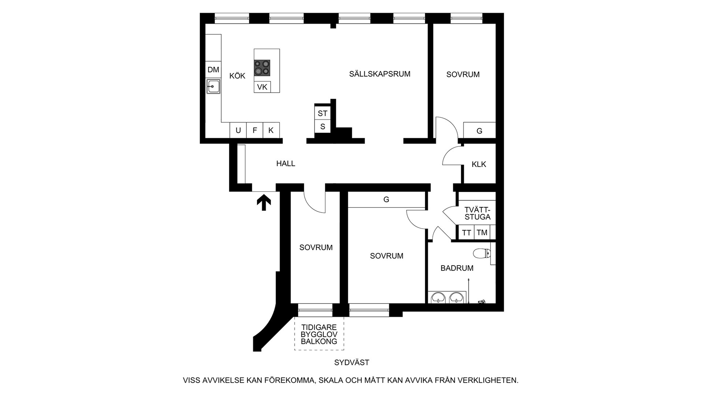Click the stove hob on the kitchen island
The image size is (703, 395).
click(x=262, y=68)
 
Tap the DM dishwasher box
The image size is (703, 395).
click(x=213, y=69)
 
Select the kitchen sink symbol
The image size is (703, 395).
click(x=213, y=86)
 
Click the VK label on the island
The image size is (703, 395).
click(x=262, y=87)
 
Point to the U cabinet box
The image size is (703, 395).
click(x=238, y=130)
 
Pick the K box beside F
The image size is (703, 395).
click(x=271, y=130)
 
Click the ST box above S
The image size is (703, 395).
click(x=323, y=113)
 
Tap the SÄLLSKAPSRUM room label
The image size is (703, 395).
click(x=380, y=74)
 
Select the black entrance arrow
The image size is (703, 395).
click(x=264, y=202)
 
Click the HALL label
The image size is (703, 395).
click(x=286, y=163)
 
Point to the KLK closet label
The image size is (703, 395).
click(x=479, y=164)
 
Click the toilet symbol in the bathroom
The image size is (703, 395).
click(x=481, y=253)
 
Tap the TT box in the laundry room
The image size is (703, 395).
click(x=466, y=233)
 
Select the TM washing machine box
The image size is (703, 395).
click(x=482, y=233)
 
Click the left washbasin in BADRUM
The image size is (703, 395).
click(x=438, y=297)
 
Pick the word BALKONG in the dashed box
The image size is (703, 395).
click(x=319, y=342)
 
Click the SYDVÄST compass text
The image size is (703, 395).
click(x=351, y=362)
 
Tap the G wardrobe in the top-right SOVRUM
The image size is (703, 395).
click(x=479, y=131)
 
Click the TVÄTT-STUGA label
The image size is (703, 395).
click(x=477, y=213)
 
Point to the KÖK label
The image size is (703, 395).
click(x=237, y=76)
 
